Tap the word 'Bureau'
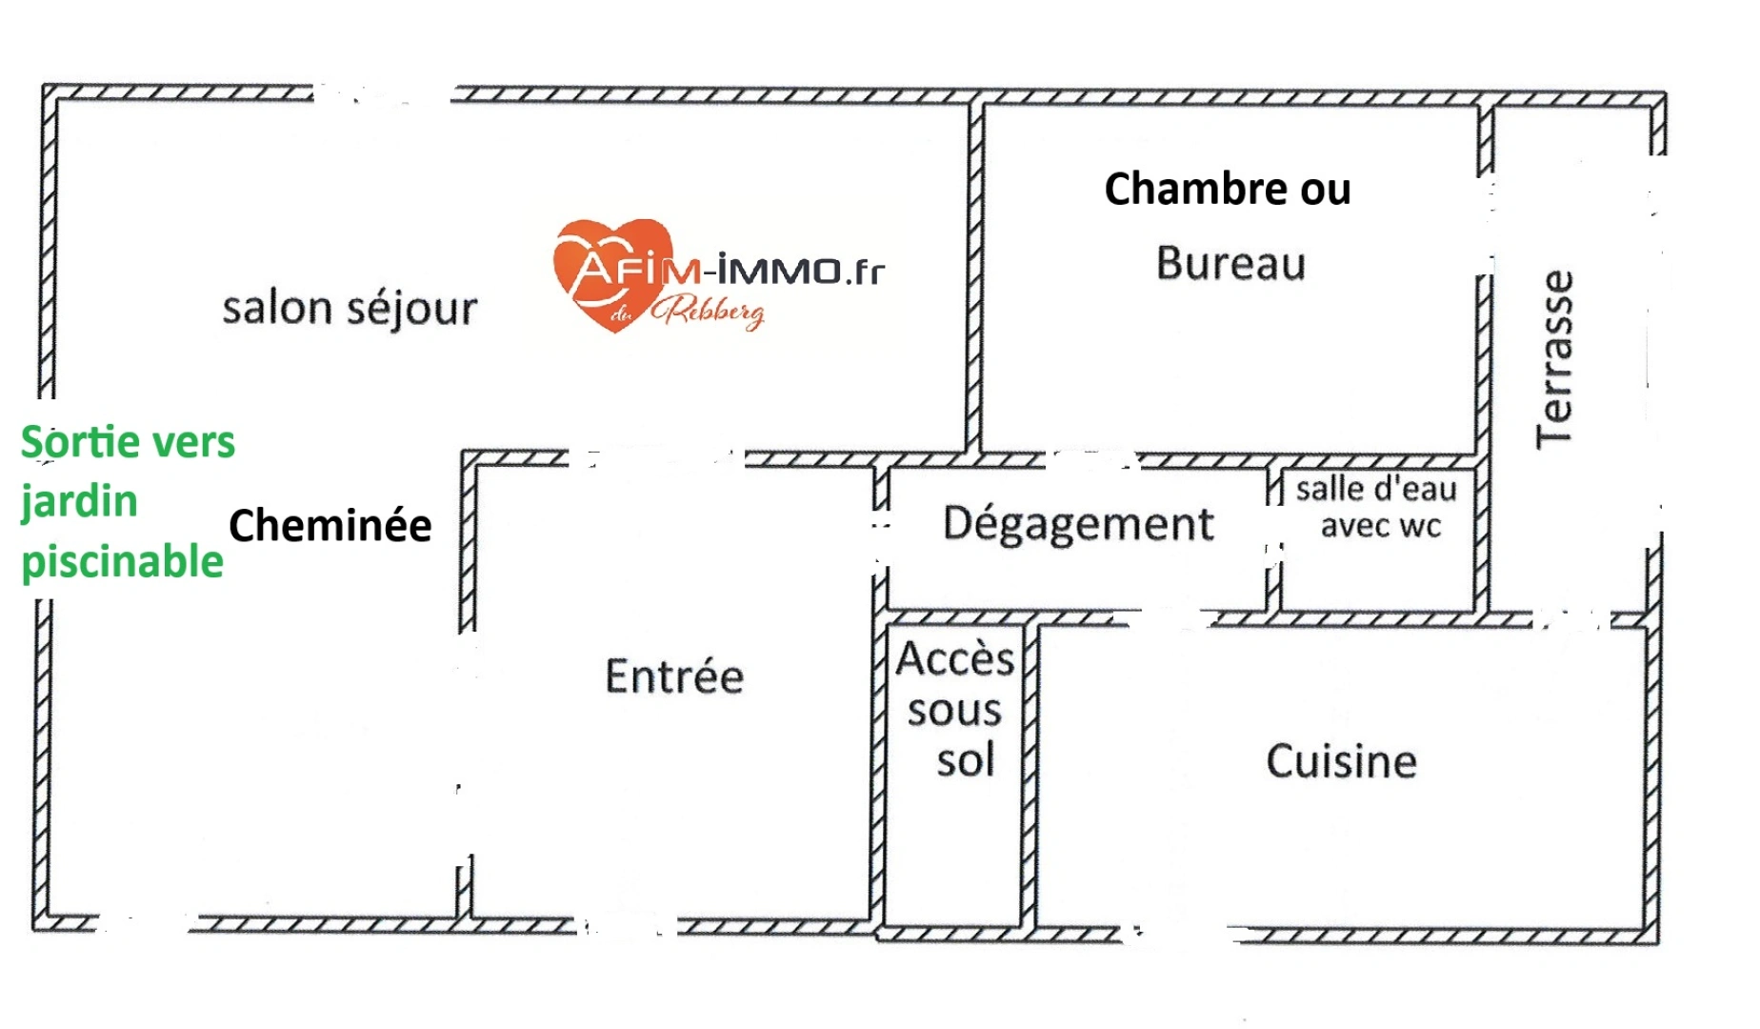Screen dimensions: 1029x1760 click(1230, 264)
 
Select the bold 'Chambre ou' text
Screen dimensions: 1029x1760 click(1227, 189)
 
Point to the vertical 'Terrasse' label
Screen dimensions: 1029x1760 click(1554, 359)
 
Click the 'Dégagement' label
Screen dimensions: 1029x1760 click(1078, 523)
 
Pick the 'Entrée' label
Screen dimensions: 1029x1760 click(674, 676)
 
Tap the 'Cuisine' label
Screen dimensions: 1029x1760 click(1341, 761)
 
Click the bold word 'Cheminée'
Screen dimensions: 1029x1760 click(330, 525)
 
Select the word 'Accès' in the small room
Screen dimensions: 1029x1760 click(955, 658)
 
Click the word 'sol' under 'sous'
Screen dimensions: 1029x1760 click(965, 760)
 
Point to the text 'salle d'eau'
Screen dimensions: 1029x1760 click(1376, 489)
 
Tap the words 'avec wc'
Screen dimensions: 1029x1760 click(1381, 525)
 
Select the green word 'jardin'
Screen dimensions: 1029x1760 click(80, 502)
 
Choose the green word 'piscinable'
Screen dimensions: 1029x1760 click(122, 561)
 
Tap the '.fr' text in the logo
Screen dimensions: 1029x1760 click(864, 272)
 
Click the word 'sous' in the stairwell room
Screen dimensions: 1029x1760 click(954, 711)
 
